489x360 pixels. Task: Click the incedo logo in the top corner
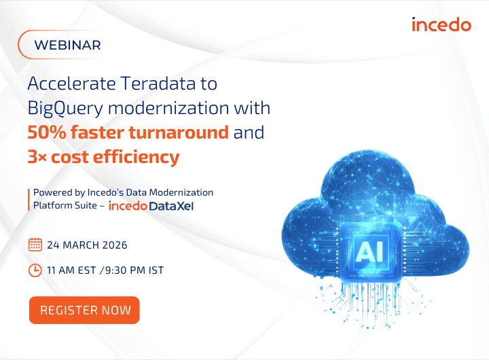[441, 25]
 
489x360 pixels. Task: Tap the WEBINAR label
[67, 46]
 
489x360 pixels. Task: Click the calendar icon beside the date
[35, 245]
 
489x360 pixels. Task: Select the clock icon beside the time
[35, 270]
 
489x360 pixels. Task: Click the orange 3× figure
[37, 157]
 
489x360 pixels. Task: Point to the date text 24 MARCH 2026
[87, 245]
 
